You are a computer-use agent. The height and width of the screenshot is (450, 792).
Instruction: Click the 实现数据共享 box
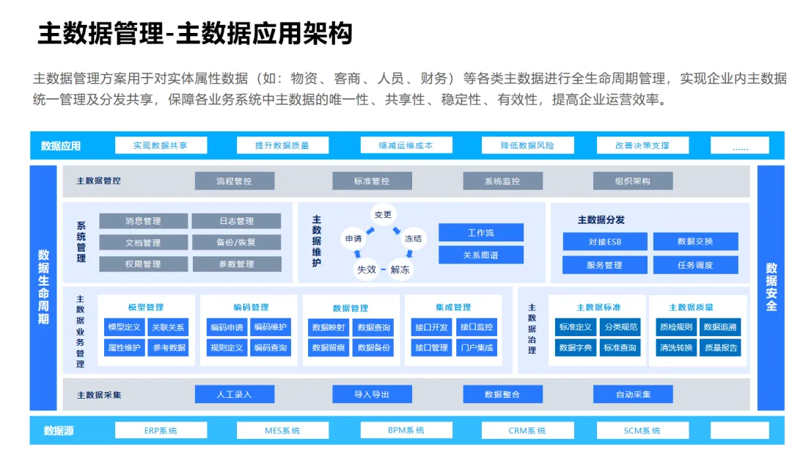pos(161,145)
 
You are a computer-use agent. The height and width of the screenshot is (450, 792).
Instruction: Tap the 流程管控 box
pos(234,181)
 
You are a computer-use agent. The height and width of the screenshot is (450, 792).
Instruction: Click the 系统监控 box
pos(502,181)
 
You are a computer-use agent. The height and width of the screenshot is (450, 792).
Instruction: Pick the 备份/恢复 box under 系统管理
pos(236,242)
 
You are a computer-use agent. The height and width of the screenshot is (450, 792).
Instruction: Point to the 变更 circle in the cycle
pos(384,214)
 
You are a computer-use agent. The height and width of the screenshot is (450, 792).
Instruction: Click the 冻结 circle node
pos(413,238)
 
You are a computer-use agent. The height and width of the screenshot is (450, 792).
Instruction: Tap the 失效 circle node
pos(367,269)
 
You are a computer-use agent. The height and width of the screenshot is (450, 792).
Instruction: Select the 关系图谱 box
pos(481,255)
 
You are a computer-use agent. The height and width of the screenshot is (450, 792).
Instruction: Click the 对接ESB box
pos(605,242)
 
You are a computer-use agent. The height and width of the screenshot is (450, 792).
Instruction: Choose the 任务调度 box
pos(695,265)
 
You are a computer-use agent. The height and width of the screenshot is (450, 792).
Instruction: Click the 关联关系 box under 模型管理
pos(169,327)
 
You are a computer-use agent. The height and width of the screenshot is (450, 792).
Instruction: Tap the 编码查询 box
pos(271,347)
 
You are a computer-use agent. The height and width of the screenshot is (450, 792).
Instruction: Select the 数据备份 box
pos(373,347)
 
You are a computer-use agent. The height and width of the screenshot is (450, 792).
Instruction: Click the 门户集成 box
pos(476,347)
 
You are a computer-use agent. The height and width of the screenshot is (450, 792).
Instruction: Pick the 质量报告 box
pos(720,347)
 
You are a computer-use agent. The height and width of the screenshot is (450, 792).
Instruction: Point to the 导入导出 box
pos(372,394)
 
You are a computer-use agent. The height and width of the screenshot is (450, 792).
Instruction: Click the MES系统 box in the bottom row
pos(282,431)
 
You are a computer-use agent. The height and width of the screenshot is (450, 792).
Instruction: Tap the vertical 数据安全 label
pos(771,287)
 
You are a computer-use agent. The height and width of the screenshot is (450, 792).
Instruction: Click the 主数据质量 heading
pos(691,307)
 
